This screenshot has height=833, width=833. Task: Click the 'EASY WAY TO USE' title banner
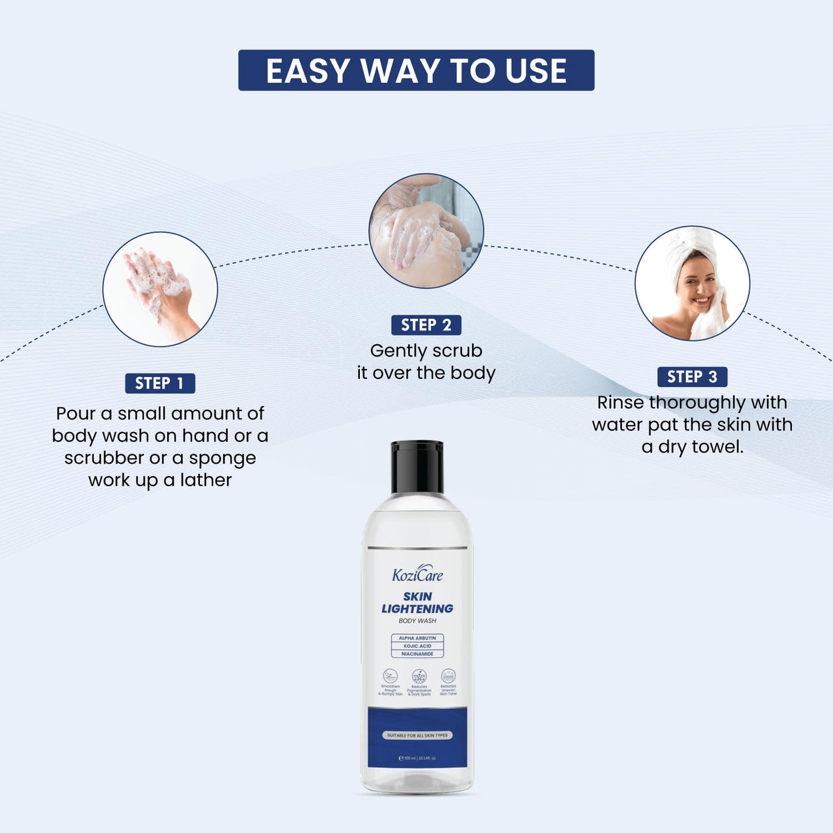[416, 70]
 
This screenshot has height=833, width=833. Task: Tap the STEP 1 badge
[160, 383]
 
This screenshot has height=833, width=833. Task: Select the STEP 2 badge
[426, 325]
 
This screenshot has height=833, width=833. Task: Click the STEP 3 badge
[692, 377]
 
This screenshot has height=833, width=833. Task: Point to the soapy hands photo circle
[160, 289]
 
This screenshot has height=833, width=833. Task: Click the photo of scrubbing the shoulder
[426, 230]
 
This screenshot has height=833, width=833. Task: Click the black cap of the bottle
[417, 467]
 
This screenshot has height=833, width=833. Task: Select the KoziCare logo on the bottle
[417, 575]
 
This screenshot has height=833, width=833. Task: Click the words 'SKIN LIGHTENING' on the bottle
[417, 603]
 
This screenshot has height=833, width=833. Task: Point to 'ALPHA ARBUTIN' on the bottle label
[417, 638]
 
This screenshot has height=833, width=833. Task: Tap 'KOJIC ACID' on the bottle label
[417, 646]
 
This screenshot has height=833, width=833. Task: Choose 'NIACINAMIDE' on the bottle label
[417, 654]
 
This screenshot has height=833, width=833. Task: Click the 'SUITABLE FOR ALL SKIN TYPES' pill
[417, 735]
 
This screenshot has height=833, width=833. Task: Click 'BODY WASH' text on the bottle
[417, 621]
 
